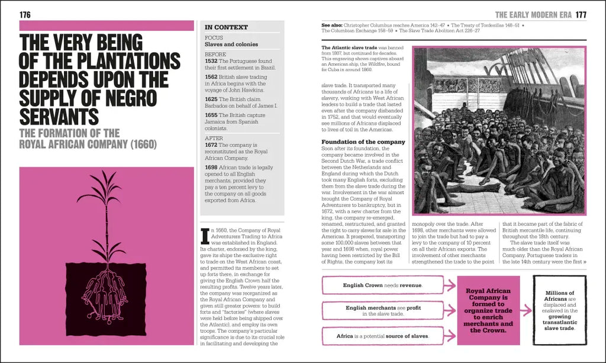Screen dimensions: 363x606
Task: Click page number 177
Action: click(581, 15)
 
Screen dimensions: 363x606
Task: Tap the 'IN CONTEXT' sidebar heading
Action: click(226, 27)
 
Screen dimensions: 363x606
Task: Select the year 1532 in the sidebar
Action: click(211, 61)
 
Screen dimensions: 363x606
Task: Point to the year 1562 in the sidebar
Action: click(211, 77)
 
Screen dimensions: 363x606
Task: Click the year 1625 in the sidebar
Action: click(211, 99)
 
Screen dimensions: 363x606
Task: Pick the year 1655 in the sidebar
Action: click(211, 115)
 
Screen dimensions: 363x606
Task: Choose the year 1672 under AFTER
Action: click(211, 144)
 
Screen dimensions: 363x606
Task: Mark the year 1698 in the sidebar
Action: click(211, 168)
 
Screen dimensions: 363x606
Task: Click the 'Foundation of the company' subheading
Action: click(363, 142)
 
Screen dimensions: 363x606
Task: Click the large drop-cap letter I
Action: click(205, 235)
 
